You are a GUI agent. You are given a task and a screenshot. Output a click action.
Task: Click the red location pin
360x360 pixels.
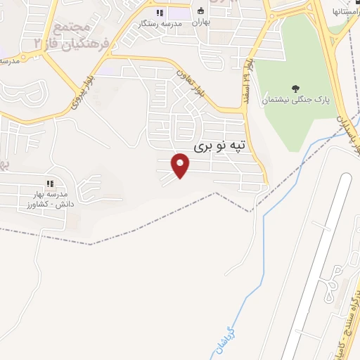181,166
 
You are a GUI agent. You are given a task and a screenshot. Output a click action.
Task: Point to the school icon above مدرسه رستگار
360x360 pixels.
160,12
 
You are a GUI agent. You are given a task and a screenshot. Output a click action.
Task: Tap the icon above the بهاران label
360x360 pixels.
201,11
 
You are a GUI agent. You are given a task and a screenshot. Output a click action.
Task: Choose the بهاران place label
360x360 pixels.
202,22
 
